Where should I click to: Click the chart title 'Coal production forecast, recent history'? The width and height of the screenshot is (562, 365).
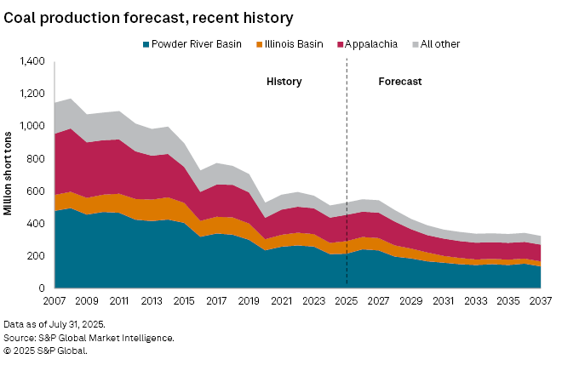tap(149, 17)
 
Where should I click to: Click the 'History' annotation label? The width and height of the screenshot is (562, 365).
tap(284, 82)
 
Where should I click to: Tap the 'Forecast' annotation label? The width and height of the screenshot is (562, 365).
tap(400, 82)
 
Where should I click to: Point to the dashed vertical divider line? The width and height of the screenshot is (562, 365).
tap(347, 170)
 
